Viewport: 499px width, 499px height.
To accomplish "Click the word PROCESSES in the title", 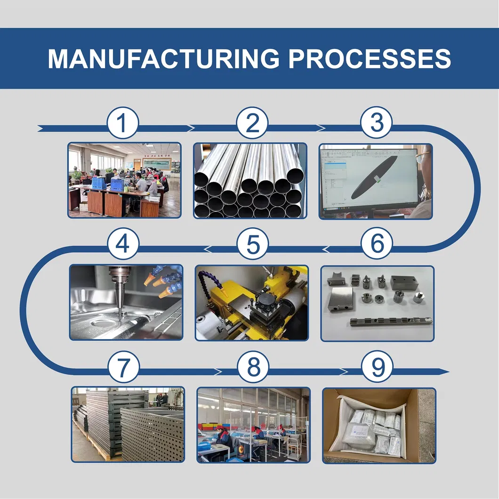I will click(x=370, y=58).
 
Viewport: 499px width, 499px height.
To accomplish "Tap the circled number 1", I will click(x=122, y=124).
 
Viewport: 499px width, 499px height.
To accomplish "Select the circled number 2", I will click(x=253, y=124).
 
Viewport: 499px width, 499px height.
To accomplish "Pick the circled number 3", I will click(x=376, y=124).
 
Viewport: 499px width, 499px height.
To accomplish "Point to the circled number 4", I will click(x=123, y=245).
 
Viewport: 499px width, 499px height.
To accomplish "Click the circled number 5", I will click(x=253, y=245).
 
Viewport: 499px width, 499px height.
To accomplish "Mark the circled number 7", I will click(x=123, y=368).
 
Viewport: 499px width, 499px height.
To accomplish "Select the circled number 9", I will click(x=377, y=368).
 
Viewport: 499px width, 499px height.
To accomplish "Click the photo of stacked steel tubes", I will click(x=250, y=181).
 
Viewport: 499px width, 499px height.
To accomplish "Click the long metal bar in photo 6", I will click(x=391, y=322).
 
